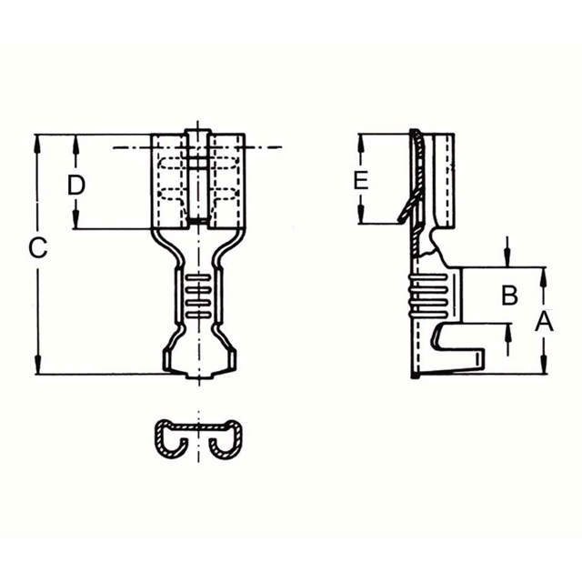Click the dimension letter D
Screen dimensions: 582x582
click(x=76, y=185)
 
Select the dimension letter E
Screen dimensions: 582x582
click(x=361, y=180)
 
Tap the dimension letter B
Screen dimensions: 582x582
click(x=510, y=295)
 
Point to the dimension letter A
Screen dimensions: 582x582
click(x=544, y=321)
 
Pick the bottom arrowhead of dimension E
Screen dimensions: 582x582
click(x=361, y=217)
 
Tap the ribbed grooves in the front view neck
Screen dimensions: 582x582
click(x=197, y=296)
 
